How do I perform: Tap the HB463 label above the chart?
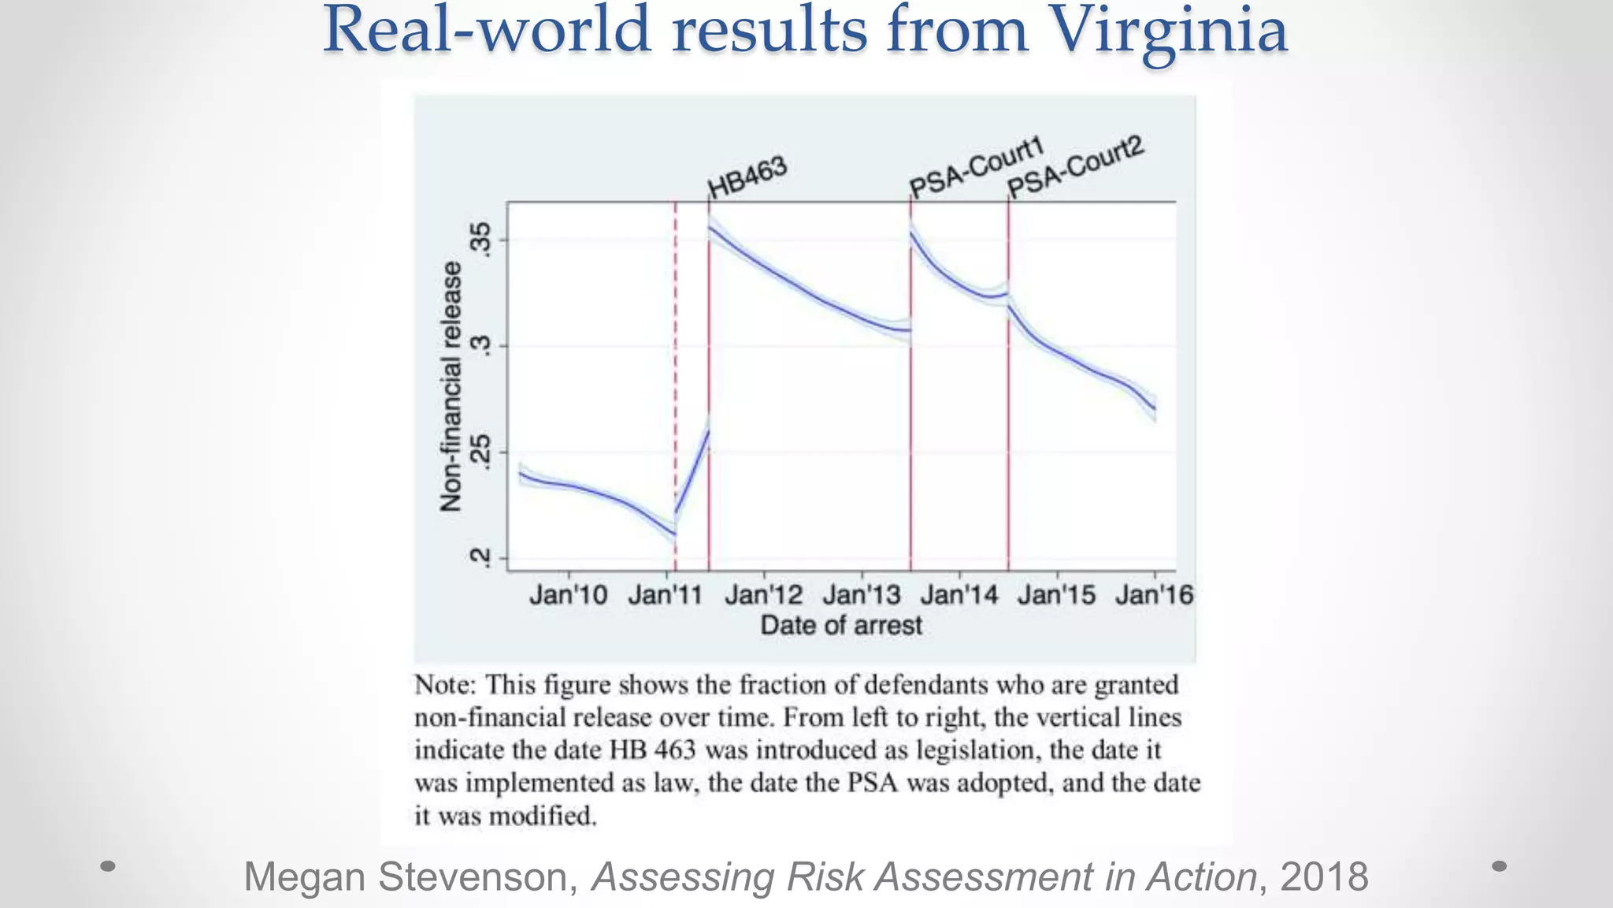tap(747, 178)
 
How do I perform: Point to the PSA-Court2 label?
tap(1075, 167)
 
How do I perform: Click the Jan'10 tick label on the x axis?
tap(568, 594)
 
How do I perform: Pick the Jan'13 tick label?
tap(861, 594)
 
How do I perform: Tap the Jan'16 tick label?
tap(1154, 594)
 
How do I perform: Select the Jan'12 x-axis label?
tap(763, 594)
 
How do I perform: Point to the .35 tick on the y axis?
tap(480, 240)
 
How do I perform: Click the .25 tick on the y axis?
tap(480, 452)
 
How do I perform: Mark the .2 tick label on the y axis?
tap(480, 558)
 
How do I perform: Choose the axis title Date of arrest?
tap(840, 626)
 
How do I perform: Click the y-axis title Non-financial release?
tap(451, 386)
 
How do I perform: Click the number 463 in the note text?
tap(674, 750)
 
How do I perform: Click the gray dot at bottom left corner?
tap(109, 866)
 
